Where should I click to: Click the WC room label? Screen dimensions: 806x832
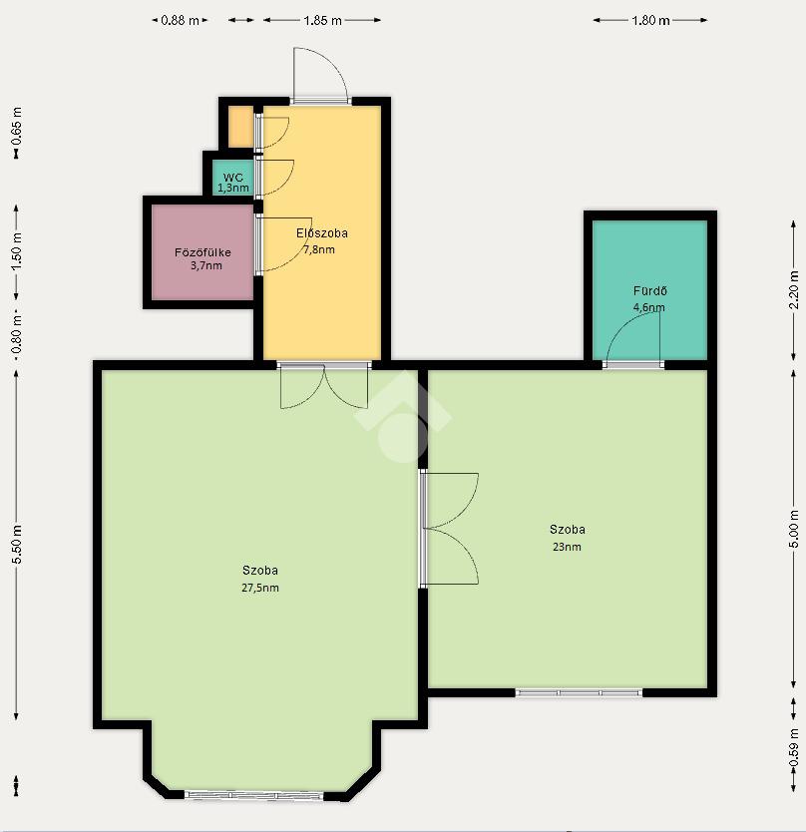click(233, 178)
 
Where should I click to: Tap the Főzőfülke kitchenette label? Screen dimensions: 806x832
click(202, 252)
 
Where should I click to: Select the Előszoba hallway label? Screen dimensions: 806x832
click(321, 232)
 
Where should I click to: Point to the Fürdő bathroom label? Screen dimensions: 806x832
click(650, 290)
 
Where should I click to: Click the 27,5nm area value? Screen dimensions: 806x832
click(260, 588)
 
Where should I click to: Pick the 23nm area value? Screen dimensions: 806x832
click(567, 547)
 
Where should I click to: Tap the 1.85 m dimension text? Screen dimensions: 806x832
click(322, 21)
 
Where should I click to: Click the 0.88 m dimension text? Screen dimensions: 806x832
click(180, 21)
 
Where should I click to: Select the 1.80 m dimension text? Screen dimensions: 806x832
click(650, 21)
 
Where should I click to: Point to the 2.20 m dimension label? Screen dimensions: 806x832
click(794, 289)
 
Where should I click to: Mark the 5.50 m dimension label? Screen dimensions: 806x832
click(16, 545)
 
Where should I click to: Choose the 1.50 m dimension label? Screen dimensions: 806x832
click(16, 251)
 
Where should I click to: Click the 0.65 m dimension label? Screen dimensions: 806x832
click(16, 127)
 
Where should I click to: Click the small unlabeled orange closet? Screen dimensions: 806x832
click(240, 127)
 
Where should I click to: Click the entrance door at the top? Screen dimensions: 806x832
click(320, 74)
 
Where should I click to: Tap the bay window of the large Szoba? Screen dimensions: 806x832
click(254, 795)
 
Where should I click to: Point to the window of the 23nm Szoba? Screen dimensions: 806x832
click(579, 692)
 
